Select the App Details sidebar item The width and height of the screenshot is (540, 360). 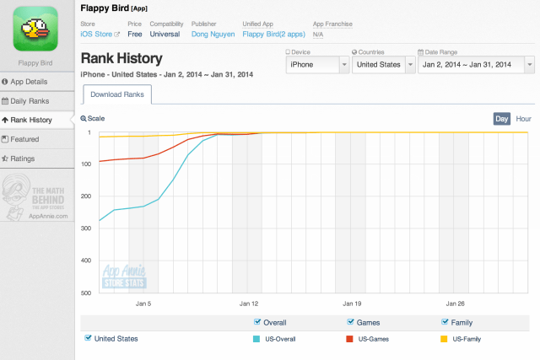pos(37,82)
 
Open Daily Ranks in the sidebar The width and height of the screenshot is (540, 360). pos(37,101)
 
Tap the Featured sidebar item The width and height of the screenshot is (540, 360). pos(37,139)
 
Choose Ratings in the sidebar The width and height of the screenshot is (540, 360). pos(37,158)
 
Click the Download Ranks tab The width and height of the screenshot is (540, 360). pos(116,94)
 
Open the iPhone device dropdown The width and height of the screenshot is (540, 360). pos(318,64)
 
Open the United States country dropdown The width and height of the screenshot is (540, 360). pos(382,64)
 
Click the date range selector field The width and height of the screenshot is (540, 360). pos(475,64)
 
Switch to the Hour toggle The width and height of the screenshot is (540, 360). pos(523,119)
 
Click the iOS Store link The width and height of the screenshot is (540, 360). pos(100,35)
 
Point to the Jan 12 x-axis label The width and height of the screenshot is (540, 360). pos(248,303)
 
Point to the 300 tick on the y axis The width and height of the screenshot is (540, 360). pos(87,228)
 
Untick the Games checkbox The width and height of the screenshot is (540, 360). pos(351,322)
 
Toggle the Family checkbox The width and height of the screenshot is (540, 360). pos(445,322)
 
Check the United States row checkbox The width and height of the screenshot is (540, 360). pos(89,338)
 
